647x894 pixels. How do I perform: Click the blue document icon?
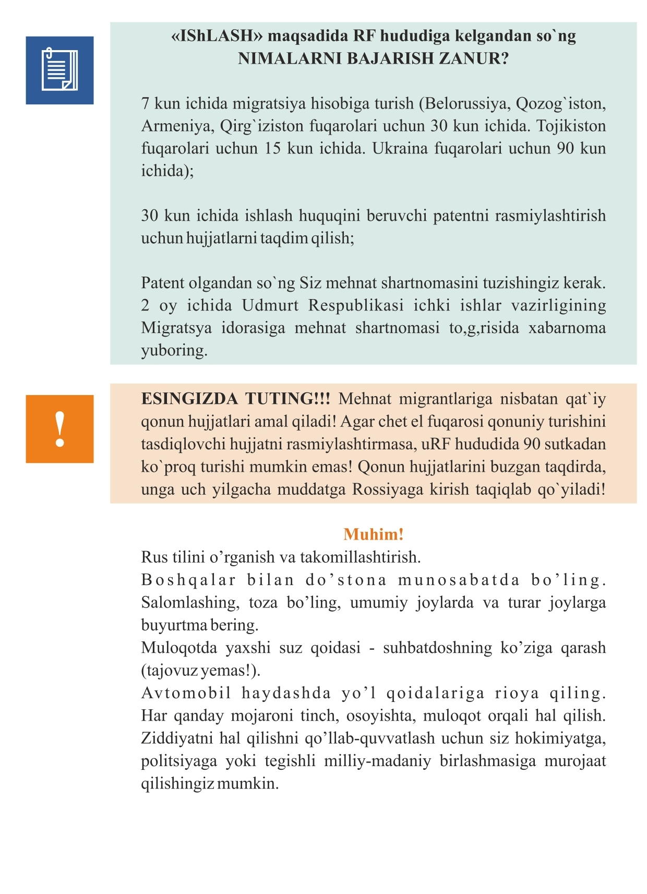(x=59, y=70)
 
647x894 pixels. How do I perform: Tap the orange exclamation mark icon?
(x=59, y=429)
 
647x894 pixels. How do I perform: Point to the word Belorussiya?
(x=468, y=104)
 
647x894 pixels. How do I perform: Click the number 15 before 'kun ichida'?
(x=272, y=149)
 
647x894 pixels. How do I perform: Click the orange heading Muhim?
(x=374, y=534)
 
